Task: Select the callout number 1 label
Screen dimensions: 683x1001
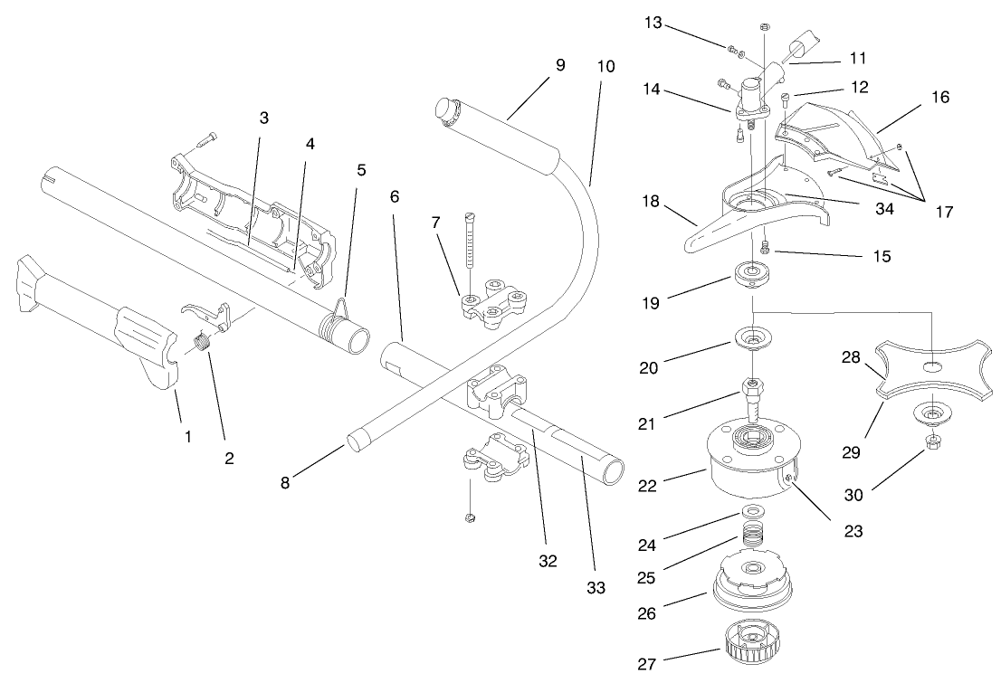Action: point(187,436)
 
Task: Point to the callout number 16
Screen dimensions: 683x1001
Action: point(940,97)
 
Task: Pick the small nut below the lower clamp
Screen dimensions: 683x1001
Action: point(471,517)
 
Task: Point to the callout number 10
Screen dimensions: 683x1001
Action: point(605,67)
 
